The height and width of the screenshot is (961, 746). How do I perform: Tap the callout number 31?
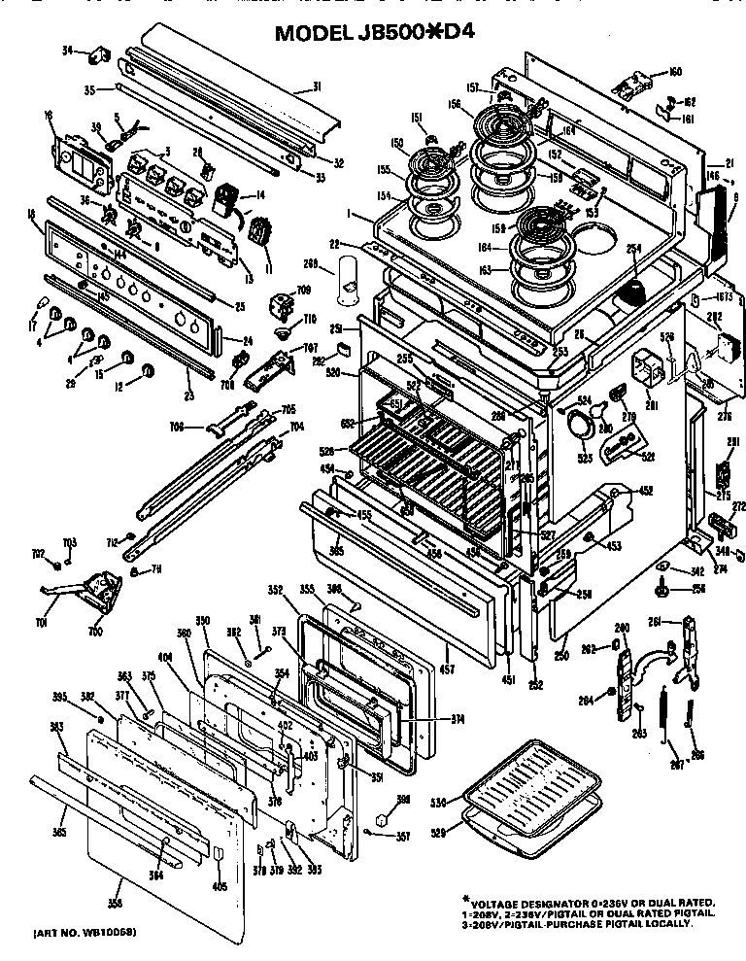(316, 87)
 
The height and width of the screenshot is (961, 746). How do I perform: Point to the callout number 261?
(655, 621)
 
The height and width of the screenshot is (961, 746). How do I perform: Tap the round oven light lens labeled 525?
(578, 426)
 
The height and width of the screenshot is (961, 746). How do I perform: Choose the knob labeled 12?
(148, 371)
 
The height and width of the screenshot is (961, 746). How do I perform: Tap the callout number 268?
(311, 262)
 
